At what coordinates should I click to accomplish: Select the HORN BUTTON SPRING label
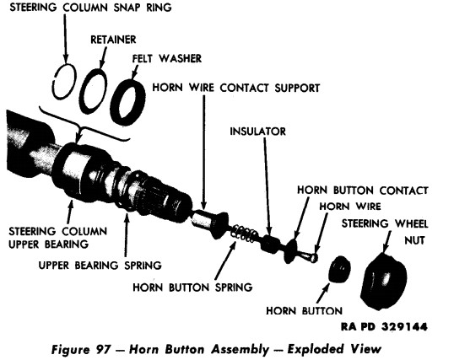click(x=192, y=287)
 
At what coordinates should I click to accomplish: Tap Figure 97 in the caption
click(x=73, y=346)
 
